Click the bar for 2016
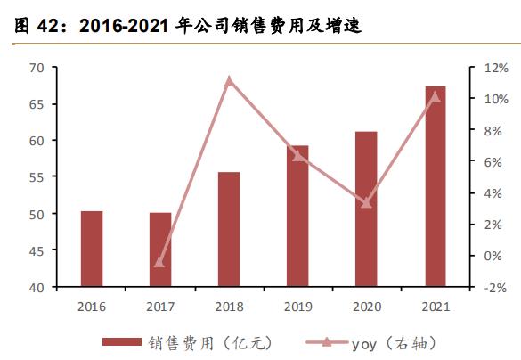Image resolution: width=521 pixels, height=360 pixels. (x=92, y=250)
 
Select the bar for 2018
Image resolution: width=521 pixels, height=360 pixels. (x=229, y=230)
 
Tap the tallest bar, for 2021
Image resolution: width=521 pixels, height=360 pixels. (x=435, y=187)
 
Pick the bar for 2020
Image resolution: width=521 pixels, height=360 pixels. (x=366, y=209)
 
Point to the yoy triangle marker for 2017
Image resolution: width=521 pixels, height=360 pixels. (x=160, y=262)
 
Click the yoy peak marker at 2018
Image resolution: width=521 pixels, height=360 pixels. (x=229, y=81)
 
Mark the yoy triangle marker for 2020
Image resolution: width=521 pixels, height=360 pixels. (x=366, y=203)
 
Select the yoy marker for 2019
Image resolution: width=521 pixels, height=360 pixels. (x=297, y=156)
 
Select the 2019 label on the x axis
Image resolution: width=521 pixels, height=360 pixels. (x=297, y=306)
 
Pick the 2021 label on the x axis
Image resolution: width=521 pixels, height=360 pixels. (x=435, y=306)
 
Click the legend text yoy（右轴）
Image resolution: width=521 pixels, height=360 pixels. (x=395, y=342)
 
